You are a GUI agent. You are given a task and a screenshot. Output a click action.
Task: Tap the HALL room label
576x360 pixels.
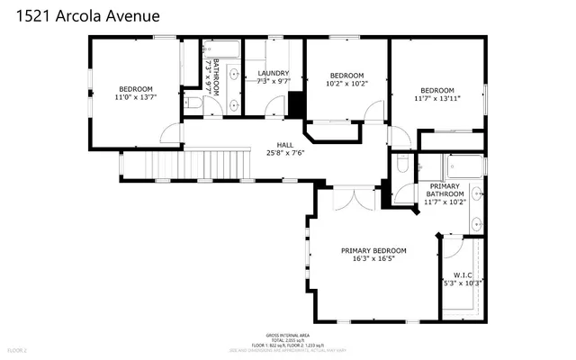click(284, 144)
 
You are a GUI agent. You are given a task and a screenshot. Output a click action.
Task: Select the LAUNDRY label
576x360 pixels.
click(273, 73)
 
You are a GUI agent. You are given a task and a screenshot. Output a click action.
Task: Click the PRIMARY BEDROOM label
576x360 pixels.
click(373, 250)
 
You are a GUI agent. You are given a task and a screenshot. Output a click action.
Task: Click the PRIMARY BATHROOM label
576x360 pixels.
click(445, 190)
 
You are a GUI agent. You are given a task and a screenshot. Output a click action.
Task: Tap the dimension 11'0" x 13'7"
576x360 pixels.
click(135, 99)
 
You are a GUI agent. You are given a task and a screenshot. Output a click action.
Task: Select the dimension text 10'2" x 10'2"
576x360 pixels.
click(346, 85)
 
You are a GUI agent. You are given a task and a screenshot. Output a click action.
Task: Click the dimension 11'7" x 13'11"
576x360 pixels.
click(436, 100)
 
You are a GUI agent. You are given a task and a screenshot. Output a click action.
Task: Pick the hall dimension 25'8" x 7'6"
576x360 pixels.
click(284, 153)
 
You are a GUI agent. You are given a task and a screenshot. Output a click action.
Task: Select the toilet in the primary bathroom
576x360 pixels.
click(402, 164)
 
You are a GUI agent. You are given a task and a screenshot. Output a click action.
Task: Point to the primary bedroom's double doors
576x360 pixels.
click(353, 198)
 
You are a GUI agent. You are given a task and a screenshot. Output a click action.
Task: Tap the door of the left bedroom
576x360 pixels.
click(169, 133)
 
